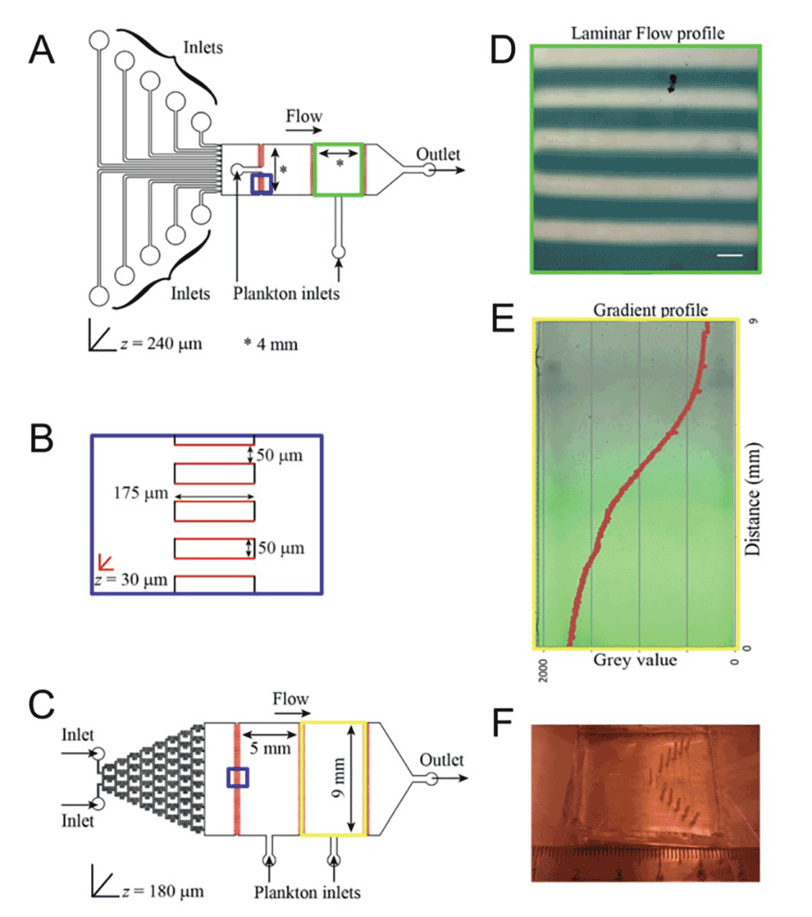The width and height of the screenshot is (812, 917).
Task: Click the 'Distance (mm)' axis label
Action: pyautogui.click(x=752, y=498)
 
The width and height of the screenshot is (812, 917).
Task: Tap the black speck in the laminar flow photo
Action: pyautogui.click(x=673, y=83)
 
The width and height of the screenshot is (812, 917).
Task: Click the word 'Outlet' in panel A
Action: pyautogui.click(x=438, y=155)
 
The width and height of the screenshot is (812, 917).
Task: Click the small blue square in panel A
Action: pyautogui.click(x=262, y=184)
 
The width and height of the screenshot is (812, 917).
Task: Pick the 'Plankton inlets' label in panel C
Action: pyautogui.click(x=308, y=891)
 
